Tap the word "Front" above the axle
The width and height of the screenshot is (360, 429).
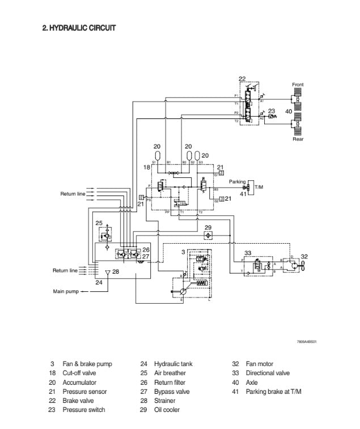click(x=298, y=84)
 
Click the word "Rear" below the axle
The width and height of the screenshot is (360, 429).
click(x=298, y=139)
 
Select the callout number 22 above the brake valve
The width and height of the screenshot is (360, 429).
click(x=242, y=79)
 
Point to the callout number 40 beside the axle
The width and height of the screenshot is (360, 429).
click(x=289, y=112)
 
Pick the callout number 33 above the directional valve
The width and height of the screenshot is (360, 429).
click(x=248, y=253)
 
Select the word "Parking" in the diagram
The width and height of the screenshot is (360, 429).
click(x=237, y=182)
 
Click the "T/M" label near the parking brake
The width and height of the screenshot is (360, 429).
click(x=259, y=187)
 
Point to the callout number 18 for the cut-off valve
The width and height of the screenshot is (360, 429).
click(x=146, y=168)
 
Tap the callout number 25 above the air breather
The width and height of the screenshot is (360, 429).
click(x=99, y=223)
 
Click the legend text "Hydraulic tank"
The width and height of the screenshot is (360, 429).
click(x=173, y=364)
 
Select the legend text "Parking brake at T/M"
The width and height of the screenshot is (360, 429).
click(x=273, y=392)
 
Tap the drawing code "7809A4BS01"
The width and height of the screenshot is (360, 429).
click(x=306, y=342)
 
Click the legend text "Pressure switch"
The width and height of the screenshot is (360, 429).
click(x=83, y=410)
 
